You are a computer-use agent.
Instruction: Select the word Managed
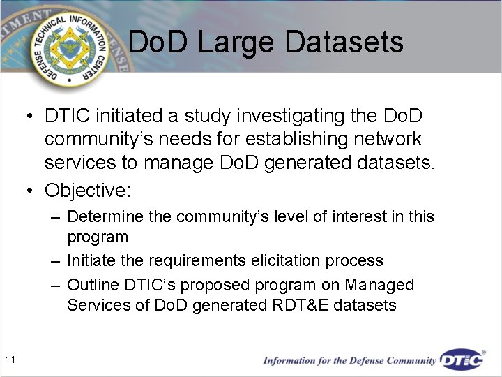pos(380,286)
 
